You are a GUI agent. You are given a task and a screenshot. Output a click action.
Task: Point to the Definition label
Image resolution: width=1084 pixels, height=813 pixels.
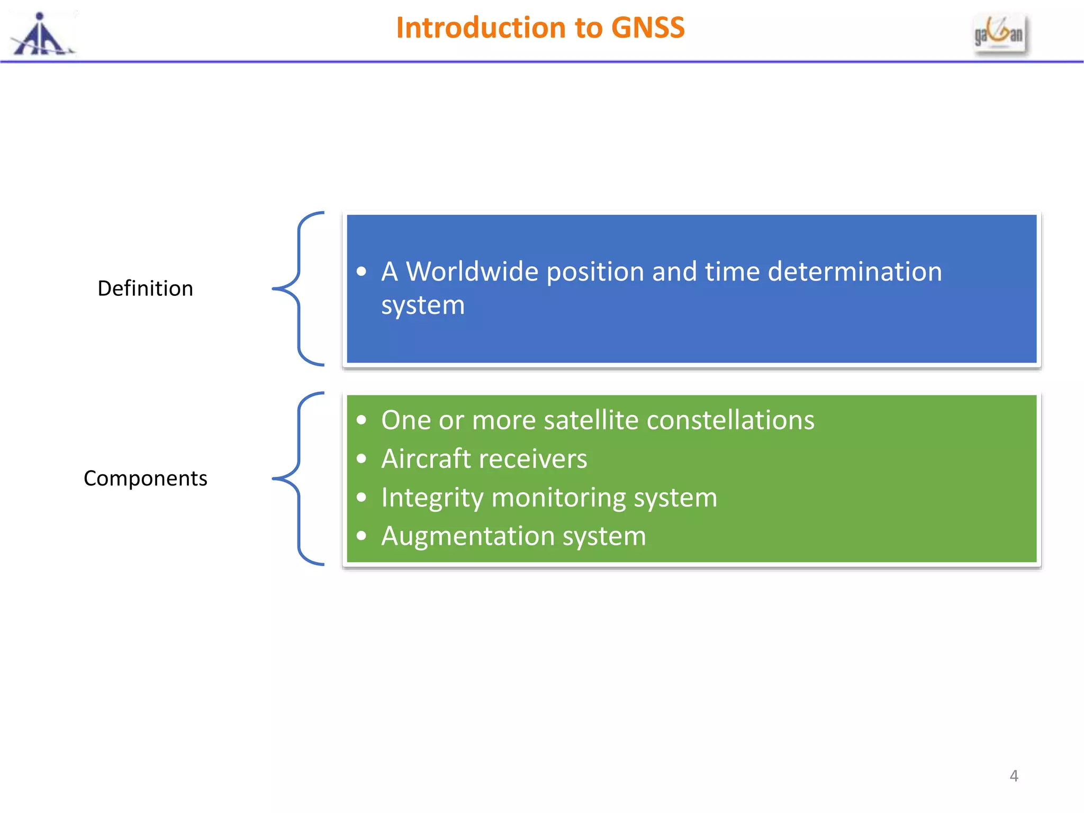point(146,288)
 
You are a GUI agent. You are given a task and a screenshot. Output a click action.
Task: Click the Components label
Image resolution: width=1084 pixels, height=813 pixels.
point(146,478)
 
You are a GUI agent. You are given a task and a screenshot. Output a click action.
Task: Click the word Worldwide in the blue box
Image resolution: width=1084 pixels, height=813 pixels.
point(472,272)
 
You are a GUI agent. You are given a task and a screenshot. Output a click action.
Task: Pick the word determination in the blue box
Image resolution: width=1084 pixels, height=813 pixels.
point(854,272)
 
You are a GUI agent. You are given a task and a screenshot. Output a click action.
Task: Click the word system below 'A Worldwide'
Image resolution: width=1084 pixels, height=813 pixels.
point(423,305)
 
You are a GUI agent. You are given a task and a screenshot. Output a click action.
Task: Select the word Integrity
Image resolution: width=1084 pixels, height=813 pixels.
point(432,498)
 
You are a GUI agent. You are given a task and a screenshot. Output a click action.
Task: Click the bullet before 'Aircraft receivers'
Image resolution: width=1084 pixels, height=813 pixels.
point(362,459)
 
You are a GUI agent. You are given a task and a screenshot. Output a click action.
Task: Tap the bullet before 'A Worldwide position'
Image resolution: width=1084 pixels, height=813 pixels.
point(362,272)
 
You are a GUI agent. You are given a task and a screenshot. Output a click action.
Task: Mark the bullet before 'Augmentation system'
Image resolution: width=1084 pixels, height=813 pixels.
point(362,536)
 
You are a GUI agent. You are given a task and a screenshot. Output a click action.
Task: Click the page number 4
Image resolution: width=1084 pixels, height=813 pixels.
point(1014,776)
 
